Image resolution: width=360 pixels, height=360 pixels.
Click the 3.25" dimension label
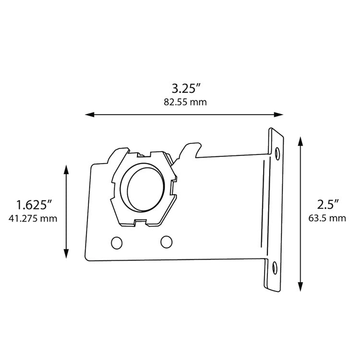[x=185, y=89]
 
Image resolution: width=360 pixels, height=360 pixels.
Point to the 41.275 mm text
[x=33, y=218]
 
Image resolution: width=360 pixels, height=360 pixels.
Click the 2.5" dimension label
[x=328, y=205]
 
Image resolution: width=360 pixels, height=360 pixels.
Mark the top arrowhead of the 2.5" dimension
[x=301, y=140]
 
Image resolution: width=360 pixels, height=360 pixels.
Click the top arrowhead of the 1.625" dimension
[x=66, y=168]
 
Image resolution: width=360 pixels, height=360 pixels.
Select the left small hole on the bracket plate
[x=116, y=243]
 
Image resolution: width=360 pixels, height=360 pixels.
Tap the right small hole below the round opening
[x=167, y=242]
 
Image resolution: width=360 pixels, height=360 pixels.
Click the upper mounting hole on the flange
[x=278, y=153]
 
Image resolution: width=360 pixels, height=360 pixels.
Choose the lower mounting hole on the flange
[x=274, y=268]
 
